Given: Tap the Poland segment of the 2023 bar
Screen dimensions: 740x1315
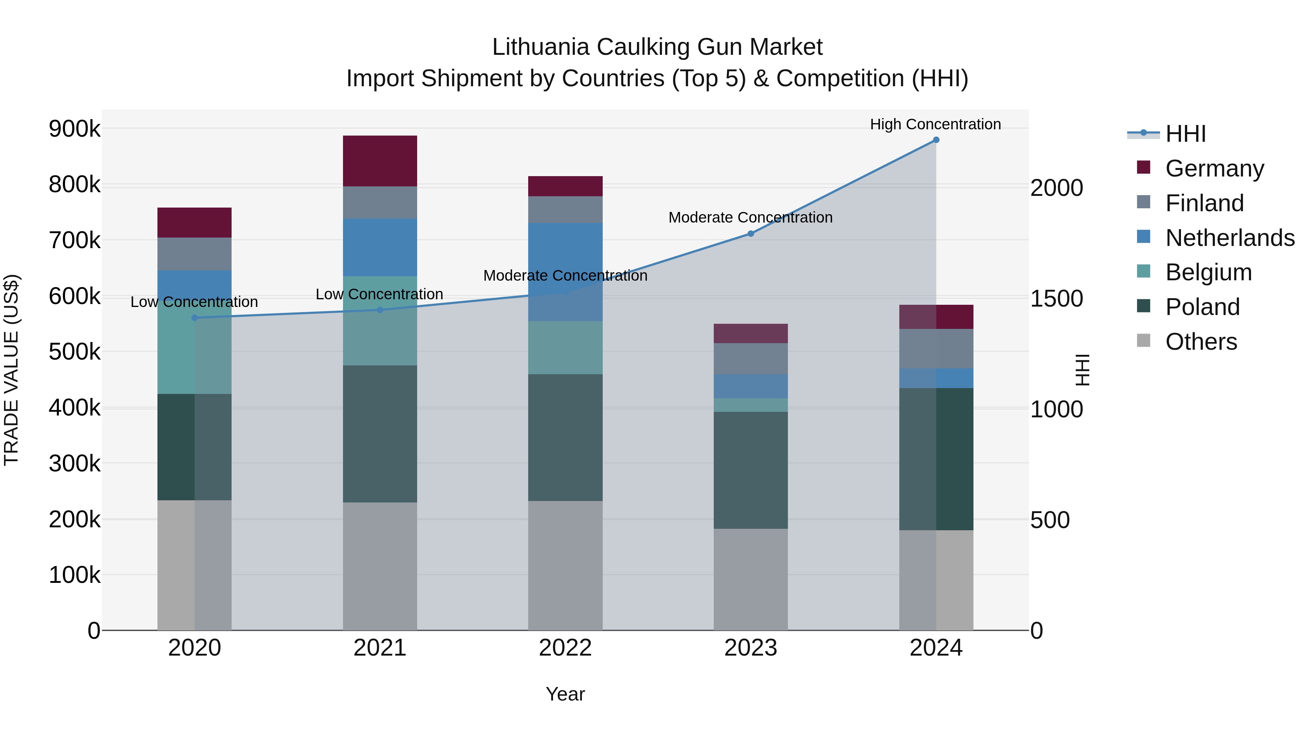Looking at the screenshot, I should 750,470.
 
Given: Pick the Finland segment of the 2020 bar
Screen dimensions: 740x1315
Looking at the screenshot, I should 194,254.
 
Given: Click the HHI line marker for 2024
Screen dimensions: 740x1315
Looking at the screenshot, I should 936,140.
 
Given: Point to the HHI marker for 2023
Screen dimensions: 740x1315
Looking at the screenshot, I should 750,234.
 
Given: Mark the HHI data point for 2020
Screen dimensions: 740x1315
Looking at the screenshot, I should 194,318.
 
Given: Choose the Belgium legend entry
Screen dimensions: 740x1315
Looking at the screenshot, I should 1208,272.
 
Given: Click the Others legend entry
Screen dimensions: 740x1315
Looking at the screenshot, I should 1201,342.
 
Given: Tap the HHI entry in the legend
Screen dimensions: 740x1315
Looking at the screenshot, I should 1185,134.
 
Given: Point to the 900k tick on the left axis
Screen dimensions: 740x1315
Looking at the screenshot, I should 75,129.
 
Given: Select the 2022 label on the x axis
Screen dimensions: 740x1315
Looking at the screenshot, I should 565,648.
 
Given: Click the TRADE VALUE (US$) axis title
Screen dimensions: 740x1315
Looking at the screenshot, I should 11,370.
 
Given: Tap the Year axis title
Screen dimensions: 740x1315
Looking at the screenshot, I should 565,694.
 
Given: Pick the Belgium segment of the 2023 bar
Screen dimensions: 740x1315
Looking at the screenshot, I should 750,405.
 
